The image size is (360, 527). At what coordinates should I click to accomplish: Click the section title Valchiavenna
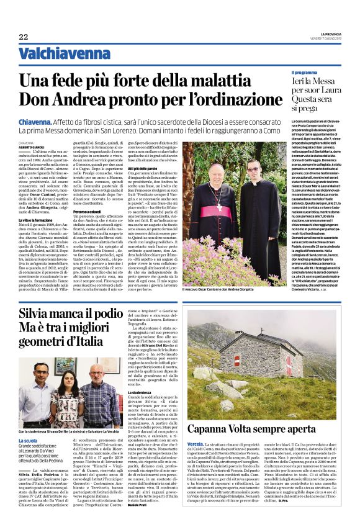point(55,54)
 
